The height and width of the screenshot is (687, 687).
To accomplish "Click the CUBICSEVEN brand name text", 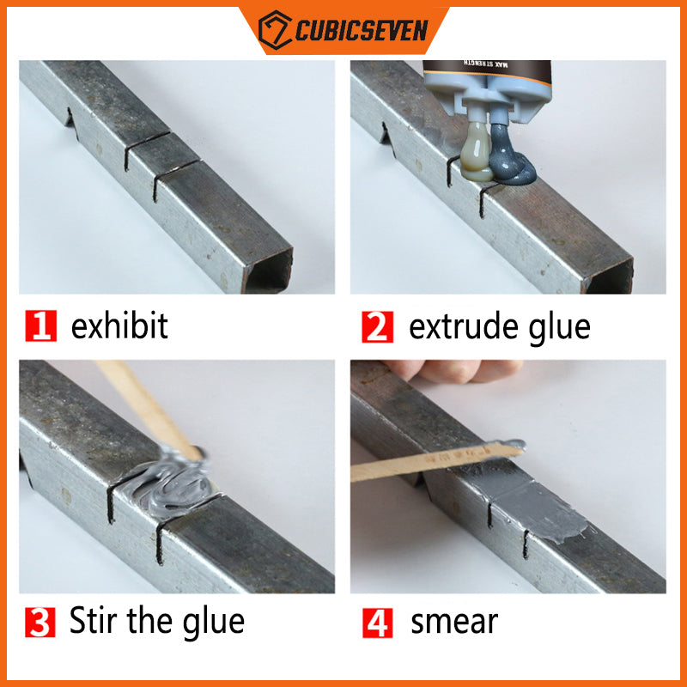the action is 362,31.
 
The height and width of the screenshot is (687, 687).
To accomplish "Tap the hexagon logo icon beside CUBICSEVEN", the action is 275,30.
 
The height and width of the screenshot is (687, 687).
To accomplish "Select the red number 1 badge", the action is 40,325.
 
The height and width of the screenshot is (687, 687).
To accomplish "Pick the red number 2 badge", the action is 377,326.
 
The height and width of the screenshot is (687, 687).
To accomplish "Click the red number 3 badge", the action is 40,622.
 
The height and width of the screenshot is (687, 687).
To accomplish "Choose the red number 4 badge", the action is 378,623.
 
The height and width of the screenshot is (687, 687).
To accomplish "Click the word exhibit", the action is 119,325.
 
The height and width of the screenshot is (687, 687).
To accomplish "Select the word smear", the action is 454,622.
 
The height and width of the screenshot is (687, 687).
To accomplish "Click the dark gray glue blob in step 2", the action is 510,158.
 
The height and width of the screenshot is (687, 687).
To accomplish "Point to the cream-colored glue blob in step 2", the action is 475,153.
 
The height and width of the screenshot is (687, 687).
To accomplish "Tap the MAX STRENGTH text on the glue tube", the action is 486,64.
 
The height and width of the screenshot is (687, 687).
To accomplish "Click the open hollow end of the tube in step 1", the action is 268,272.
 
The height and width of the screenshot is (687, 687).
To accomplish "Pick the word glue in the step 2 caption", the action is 560,329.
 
